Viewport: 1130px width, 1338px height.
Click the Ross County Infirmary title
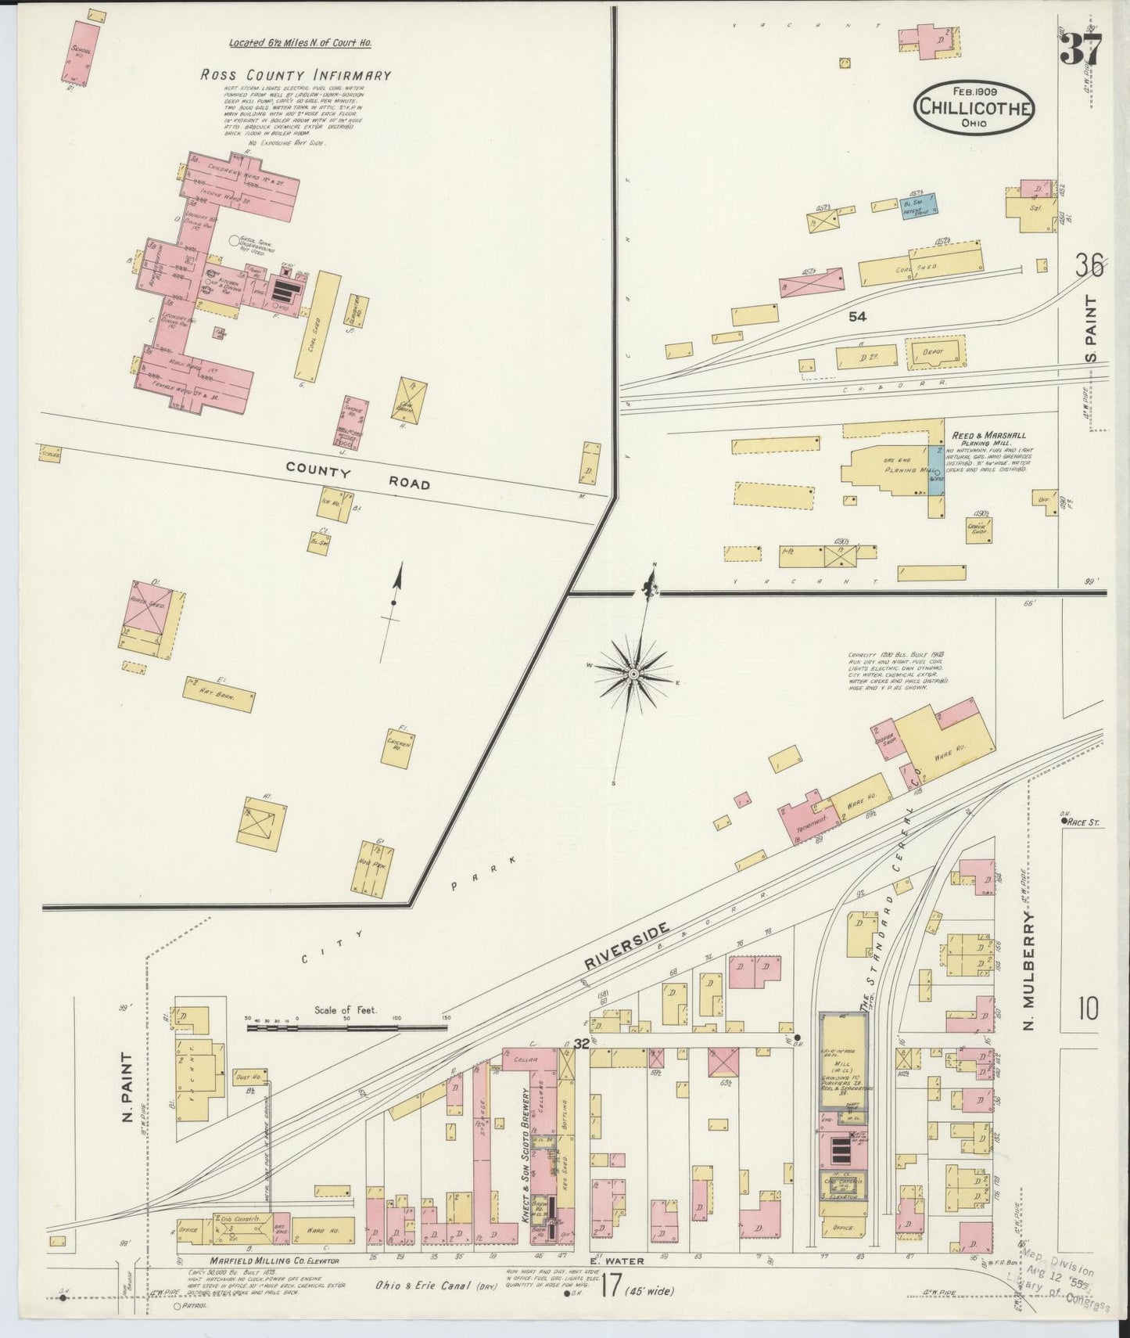tap(295, 76)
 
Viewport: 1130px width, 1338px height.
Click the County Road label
tap(357, 476)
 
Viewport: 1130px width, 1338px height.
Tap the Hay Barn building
tap(219, 693)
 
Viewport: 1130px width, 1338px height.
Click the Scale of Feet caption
tap(345, 1009)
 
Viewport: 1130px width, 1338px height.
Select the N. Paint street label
tap(127, 1088)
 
